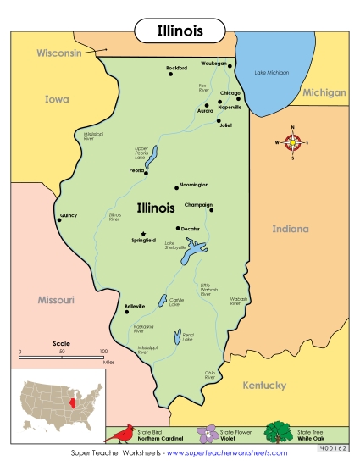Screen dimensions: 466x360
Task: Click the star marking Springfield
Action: pos(143,234)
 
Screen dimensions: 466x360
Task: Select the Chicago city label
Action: pos(230,92)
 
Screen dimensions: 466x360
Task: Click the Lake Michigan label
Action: pos(272,73)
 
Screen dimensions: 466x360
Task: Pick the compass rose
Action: pos(293,142)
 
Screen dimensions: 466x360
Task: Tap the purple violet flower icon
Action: pos(207,434)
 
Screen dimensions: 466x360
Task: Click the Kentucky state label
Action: pos(264,386)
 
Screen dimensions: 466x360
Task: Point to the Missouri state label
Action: pos(57,300)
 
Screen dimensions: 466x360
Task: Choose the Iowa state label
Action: pos(56,99)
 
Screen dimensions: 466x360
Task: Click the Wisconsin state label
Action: pos(58,53)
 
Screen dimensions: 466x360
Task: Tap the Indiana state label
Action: pos(291,229)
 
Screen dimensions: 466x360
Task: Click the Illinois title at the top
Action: pos(180,31)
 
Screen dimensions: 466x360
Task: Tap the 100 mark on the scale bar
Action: pos(102,351)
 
